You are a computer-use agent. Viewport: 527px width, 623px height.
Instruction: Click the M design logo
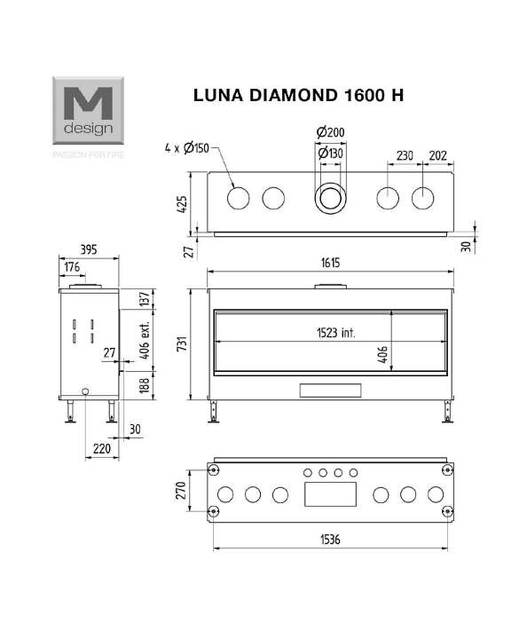click(88, 110)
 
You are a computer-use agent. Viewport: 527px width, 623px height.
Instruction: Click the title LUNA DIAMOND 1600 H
click(298, 95)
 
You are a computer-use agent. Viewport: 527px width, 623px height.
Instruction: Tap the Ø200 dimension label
click(330, 132)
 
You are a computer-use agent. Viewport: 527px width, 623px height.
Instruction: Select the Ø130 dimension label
click(330, 153)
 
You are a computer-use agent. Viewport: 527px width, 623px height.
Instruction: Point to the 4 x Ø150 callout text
click(186, 148)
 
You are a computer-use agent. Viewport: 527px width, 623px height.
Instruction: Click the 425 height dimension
click(182, 204)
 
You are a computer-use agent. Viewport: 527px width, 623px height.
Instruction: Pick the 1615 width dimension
click(330, 263)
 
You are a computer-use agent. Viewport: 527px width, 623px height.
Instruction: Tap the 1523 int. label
click(336, 333)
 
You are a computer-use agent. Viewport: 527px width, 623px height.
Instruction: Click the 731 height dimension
click(182, 344)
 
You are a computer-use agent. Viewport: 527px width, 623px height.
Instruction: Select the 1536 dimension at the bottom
click(330, 540)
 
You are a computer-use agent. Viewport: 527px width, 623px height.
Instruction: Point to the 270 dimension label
click(181, 490)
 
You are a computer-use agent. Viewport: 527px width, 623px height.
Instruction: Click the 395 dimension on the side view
click(89, 249)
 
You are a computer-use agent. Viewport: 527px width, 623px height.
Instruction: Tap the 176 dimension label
click(72, 266)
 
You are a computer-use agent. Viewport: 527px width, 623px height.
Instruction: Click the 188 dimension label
click(145, 385)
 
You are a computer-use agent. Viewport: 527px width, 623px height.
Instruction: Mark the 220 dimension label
click(102, 448)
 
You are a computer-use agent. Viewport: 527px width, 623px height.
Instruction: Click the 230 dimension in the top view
click(405, 155)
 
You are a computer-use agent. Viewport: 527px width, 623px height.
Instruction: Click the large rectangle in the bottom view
click(330, 493)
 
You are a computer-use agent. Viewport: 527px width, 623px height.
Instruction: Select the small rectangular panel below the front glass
click(330, 390)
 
